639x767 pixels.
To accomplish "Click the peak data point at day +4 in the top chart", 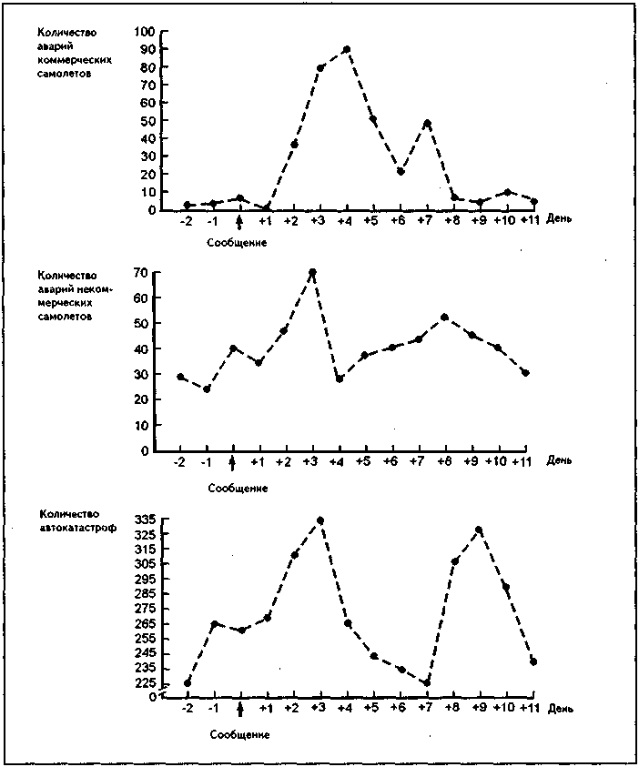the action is [347, 49].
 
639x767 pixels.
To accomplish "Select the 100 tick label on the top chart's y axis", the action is [144, 32].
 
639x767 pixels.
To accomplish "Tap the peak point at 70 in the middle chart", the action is [312, 272].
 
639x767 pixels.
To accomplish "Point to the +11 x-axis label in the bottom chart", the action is [529, 708].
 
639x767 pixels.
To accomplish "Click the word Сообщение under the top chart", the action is [237, 243].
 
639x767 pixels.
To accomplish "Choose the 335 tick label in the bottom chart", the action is [145, 520].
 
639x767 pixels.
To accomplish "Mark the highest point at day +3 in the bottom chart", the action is [320, 520].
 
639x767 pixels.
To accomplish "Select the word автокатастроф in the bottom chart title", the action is [78, 528].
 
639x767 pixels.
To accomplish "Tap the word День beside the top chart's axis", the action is [559, 218].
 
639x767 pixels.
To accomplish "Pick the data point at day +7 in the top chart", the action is [427, 123].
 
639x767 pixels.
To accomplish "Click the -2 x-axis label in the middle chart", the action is [180, 462].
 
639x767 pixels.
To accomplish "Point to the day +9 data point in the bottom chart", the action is [479, 530].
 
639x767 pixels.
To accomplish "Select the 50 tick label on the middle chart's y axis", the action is [142, 323].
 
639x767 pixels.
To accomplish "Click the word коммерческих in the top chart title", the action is [75, 60].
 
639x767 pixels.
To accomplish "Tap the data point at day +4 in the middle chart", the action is [340, 379].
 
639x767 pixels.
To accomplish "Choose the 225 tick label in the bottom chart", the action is [145, 683].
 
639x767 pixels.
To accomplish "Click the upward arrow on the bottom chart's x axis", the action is [239, 710].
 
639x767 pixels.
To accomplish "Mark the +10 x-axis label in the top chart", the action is [504, 220].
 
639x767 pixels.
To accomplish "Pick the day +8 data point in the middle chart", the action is [444, 318].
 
